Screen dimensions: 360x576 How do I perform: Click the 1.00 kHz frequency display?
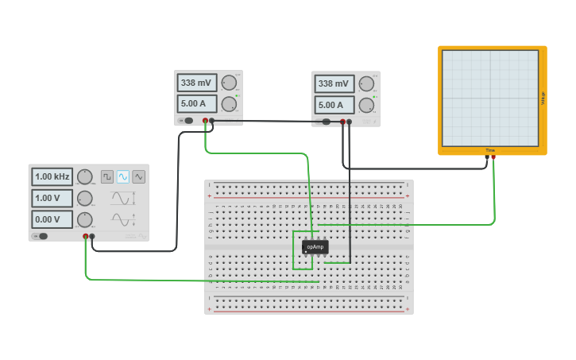pos(52,176)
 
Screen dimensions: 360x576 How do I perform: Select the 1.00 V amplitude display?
pos(52,198)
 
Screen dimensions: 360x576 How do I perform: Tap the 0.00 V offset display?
pos(52,219)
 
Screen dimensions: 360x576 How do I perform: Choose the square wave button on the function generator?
pos(107,176)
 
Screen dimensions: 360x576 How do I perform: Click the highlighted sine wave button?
pos(123,176)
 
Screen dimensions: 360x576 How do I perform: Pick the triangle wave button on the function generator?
pos(139,176)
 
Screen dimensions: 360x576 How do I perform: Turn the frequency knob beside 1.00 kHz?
pos(84,176)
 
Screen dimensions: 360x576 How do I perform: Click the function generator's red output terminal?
pos(86,236)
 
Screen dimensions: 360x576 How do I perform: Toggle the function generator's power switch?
pos(41,236)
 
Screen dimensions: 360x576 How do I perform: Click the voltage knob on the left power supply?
pos(229,83)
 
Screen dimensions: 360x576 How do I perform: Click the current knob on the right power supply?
pos(366,105)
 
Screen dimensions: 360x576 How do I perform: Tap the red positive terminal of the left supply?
pos(205,121)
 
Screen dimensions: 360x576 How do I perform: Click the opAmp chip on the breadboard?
pos(315,247)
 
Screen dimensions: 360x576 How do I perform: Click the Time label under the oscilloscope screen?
pos(490,150)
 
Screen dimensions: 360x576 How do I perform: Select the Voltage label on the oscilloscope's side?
pos(543,98)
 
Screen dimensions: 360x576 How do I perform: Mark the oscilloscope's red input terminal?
pos(493,157)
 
